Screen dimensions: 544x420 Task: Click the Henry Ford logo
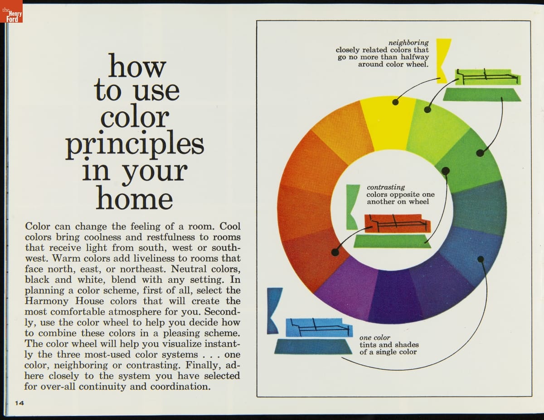[x=11, y=11]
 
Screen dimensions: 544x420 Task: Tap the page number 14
[x=19, y=403]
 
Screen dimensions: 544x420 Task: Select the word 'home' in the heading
[x=135, y=198]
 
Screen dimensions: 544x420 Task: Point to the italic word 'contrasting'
[x=386, y=187]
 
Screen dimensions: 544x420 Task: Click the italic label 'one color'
[x=375, y=338]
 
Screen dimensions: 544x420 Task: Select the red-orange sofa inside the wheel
[x=397, y=224]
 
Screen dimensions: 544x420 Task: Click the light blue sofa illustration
[x=319, y=328]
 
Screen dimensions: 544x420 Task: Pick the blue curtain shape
[x=274, y=311]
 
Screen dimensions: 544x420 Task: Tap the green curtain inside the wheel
[x=353, y=207]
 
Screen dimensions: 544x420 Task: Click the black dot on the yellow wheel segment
[x=395, y=102]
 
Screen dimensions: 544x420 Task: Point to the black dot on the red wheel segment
[x=335, y=253]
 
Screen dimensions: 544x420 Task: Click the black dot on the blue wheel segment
[x=481, y=259]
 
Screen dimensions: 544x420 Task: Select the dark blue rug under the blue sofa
[x=313, y=347]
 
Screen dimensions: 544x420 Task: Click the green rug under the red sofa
[x=392, y=241]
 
